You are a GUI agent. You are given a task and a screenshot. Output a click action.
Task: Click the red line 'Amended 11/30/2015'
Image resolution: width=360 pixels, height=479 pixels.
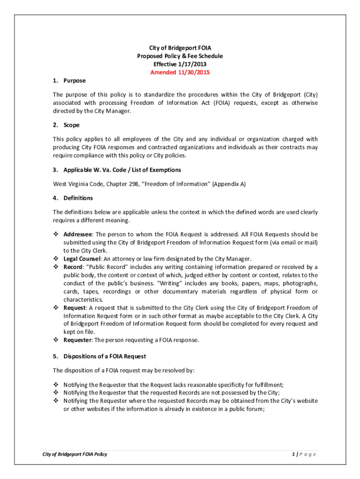tap(180, 73)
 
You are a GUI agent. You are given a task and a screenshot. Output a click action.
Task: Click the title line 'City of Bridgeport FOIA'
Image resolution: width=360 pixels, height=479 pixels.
tap(180, 48)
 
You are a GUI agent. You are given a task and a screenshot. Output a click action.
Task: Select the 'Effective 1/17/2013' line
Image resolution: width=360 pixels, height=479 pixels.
tap(180, 64)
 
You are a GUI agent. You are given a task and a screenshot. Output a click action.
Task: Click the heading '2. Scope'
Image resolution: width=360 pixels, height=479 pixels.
tap(66, 125)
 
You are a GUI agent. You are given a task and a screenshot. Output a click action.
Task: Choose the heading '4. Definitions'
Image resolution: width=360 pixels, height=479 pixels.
tap(73, 198)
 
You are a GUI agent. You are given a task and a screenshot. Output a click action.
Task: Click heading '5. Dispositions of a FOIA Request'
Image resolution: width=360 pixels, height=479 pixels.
tap(100, 356)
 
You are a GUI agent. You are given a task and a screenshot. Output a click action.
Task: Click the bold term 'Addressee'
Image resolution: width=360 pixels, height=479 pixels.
tap(78, 234)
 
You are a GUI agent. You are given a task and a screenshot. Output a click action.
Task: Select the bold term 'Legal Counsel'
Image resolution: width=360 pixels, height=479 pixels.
tap(82, 259)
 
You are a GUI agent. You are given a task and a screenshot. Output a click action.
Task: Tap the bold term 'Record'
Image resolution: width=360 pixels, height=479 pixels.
tap(73, 267)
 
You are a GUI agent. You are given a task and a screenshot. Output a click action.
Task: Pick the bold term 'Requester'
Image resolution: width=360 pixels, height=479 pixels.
tap(77, 340)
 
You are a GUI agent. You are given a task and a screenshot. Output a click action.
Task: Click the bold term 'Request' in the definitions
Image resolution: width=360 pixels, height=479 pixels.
tap(74, 307)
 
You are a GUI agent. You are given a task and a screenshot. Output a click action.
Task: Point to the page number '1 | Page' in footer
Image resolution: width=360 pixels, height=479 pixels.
tap(303, 454)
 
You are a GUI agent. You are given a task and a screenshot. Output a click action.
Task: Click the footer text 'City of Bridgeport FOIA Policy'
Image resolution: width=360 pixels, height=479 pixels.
tap(75, 454)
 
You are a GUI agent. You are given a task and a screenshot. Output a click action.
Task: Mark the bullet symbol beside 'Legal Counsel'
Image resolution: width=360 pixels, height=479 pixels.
tap(56, 259)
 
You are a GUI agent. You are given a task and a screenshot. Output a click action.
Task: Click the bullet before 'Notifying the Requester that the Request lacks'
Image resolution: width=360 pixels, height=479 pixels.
tap(56, 385)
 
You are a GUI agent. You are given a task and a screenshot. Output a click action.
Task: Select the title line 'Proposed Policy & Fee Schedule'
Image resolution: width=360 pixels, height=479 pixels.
tap(180, 56)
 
